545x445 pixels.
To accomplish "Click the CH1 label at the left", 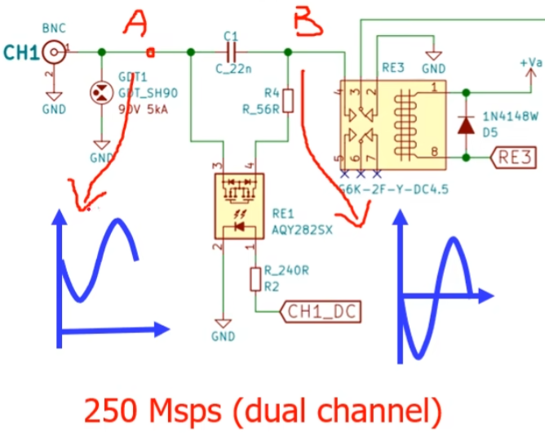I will (x=20, y=53).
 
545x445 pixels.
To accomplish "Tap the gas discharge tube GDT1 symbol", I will (x=100, y=92).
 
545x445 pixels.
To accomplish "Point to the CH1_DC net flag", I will (x=320, y=311).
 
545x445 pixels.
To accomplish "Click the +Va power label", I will (x=530, y=61).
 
